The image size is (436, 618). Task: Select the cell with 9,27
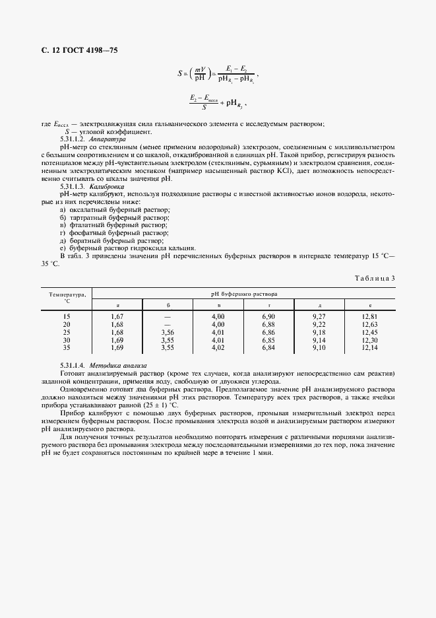click(319, 316)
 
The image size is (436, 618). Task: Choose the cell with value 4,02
click(218, 347)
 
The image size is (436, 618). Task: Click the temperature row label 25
click(66, 332)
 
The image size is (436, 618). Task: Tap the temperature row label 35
click(66, 347)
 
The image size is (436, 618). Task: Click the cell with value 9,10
click(319, 347)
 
